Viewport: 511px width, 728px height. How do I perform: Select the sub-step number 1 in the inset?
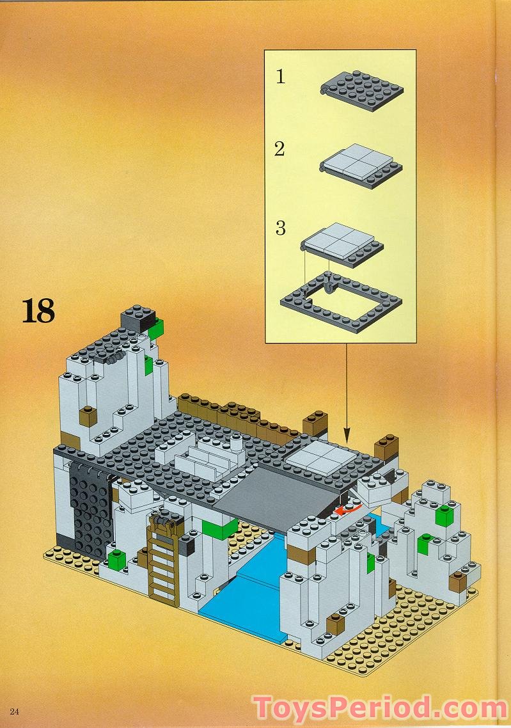pos(280,77)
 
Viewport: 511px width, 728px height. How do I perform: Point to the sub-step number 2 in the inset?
pos(279,150)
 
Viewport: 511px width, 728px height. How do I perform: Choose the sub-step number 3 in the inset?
pos(280,228)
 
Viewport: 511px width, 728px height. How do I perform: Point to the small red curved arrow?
pos(349,510)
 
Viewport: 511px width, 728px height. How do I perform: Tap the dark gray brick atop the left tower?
pos(139,315)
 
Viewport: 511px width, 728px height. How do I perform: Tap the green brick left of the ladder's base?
pos(116,560)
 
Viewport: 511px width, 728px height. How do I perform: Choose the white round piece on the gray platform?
pos(237,440)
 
